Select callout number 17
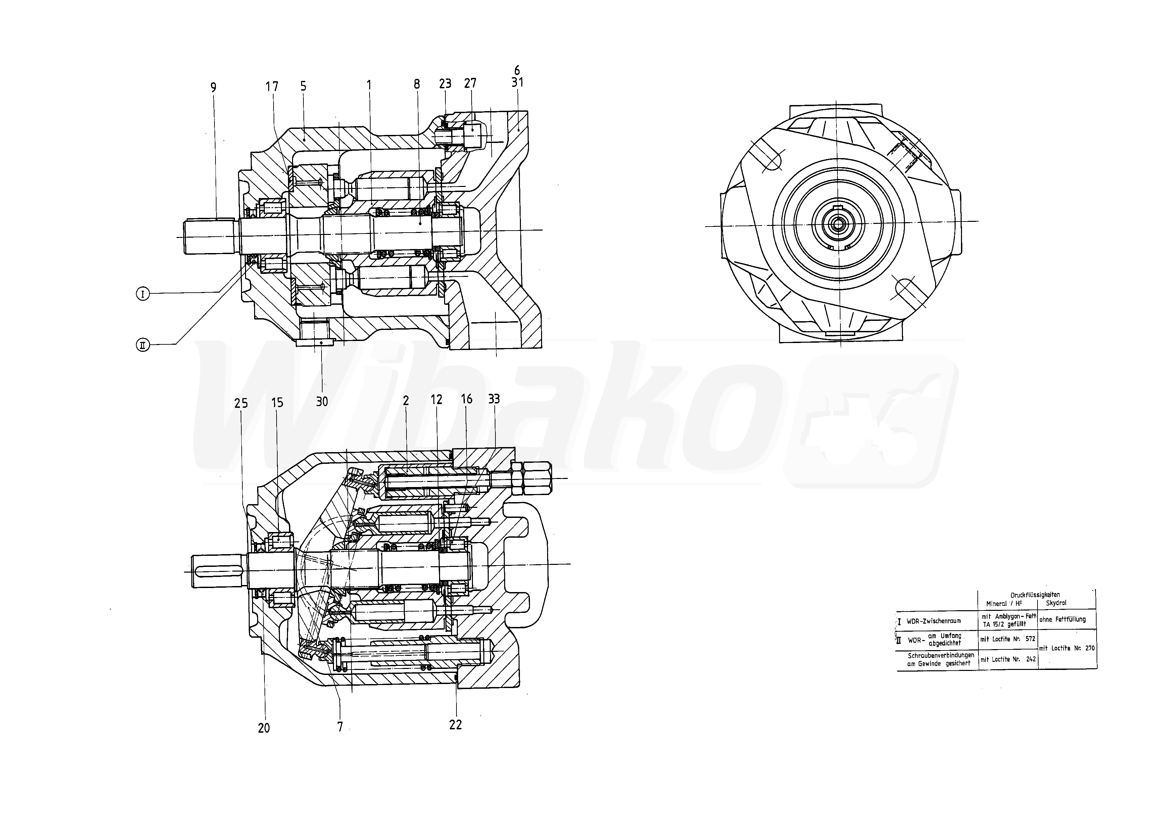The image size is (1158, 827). tap(272, 87)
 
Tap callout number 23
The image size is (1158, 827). tap(445, 84)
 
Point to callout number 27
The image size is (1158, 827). tap(470, 84)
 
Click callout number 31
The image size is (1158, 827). tap(517, 82)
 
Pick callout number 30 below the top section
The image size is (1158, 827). tap(322, 402)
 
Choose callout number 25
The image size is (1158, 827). tap(241, 403)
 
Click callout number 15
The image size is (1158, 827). tap(277, 403)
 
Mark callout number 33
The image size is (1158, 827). tap(494, 399)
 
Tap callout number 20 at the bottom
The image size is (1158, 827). tap(264, 728)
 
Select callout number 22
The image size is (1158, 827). tap(455, 725)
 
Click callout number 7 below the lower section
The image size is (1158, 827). tap(340, 727)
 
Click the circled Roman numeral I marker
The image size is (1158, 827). tap(143, 294)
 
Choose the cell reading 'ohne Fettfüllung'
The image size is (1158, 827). tap(1062, 620)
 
